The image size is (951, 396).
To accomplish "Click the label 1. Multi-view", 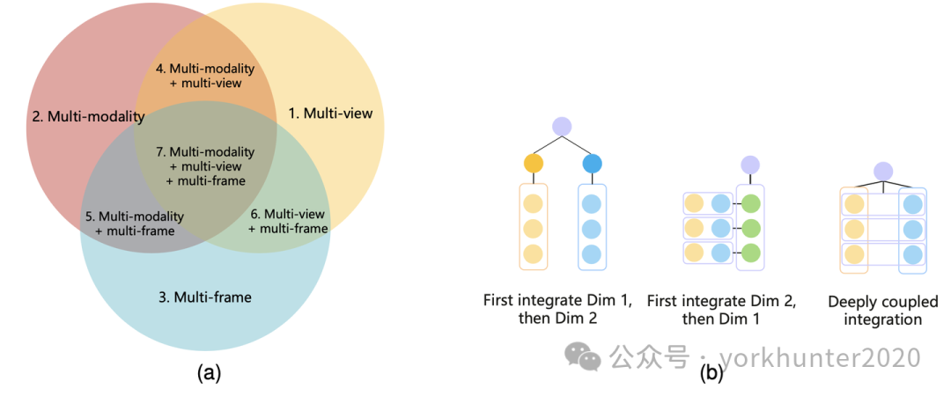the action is click(x=331, y=114).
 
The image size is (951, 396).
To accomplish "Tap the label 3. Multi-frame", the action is click(x=205, y=297).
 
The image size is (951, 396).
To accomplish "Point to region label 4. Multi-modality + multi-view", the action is click(x=204, y=75).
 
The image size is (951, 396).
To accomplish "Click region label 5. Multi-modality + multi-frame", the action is click(x=134, y=224).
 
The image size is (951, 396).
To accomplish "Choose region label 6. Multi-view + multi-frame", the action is click(x=288, y=221).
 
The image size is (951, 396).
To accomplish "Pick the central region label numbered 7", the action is click(x=206, y=166).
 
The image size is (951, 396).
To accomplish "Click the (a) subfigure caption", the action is click(x=208, y=372).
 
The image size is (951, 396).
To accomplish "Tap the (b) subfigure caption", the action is click(x=711, y=373).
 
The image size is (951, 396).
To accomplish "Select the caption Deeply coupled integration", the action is click(x=882, y=311).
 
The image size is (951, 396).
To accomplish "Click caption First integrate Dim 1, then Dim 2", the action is click(x=557, y=310).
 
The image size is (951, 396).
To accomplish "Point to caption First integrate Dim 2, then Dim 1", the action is click(x=721, y=310).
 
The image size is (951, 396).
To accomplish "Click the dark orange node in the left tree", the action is click(x=533, y=163).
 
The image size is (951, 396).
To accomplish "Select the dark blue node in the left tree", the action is click(x=592, y=163).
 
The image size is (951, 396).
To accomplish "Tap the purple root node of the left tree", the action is click(x=562, y=127).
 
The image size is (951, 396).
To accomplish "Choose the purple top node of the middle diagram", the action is click(x=749, y=165).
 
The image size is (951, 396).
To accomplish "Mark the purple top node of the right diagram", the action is click(x=883, y=171).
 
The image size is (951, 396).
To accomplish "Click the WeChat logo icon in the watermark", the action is click(x=583, y=356).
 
